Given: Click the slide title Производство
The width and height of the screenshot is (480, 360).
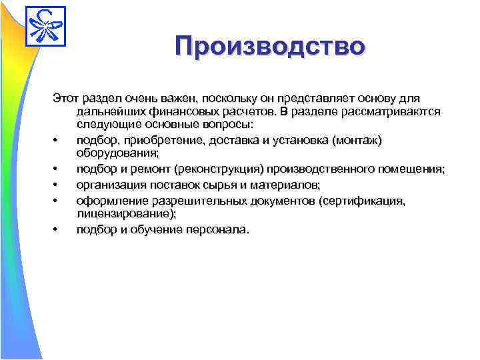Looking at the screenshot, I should pos(271,46).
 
